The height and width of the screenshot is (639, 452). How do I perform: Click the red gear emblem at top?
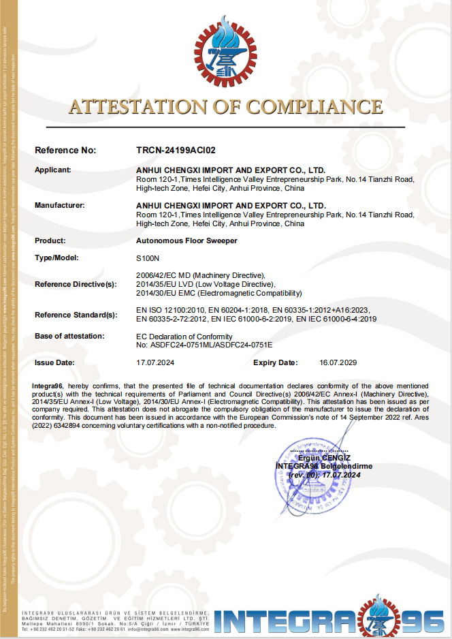click(x=225, y=53)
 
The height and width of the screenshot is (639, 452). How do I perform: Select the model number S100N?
click(x=147, y=258)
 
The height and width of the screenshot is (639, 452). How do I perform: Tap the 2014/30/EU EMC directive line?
click(x=219, y=293)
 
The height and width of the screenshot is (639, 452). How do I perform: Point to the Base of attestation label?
click(x=69, y=336)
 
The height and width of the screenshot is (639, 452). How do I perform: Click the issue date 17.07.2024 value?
click(x=155, y=362)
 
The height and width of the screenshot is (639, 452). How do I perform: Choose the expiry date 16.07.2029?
click(x=338, y=362)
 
